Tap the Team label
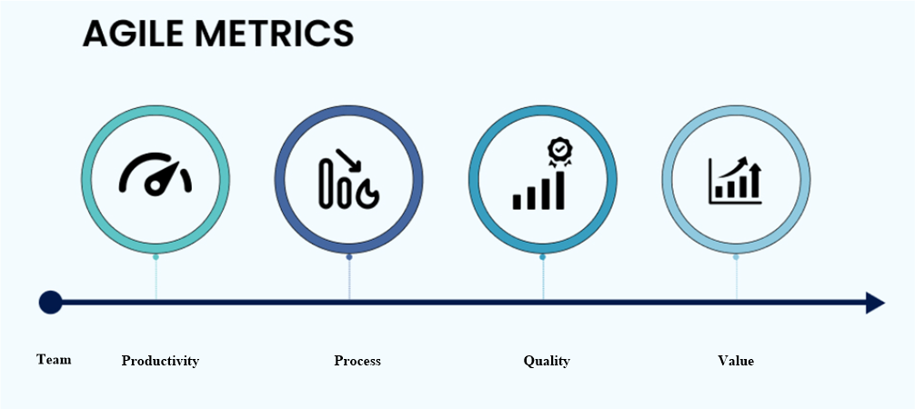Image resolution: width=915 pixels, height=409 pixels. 54,359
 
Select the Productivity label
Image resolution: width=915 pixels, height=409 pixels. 160,361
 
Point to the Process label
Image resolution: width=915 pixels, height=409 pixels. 357,361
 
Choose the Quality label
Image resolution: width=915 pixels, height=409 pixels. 547,361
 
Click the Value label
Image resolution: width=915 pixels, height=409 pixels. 736,361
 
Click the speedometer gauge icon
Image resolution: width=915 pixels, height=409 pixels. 156,174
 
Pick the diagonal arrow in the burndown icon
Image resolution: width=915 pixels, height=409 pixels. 348,160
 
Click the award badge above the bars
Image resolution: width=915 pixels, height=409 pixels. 559,152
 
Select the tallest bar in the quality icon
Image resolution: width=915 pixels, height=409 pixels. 560,190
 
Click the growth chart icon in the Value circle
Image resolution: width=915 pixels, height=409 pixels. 735,180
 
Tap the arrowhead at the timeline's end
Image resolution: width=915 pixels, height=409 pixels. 875,303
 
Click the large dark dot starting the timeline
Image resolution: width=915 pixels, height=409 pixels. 51,303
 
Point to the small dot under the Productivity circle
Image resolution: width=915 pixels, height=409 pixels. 156,256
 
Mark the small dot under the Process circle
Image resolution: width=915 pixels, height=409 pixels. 349,256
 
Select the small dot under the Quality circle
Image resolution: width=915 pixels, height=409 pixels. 543,256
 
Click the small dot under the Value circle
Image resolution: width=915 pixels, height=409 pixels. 736,256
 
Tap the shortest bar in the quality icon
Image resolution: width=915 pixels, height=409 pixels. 517,202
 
